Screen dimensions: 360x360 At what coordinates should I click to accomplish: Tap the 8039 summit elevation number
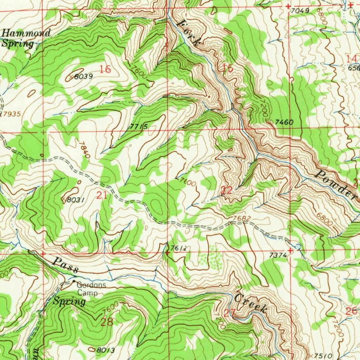click(84, 76)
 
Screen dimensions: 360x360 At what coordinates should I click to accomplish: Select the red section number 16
click(105, 69)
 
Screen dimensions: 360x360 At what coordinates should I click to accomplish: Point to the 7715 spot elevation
click(138, 126)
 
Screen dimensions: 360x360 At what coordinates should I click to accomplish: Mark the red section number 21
click(101, 196)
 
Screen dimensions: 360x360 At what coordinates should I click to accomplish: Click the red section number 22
click(226, 191)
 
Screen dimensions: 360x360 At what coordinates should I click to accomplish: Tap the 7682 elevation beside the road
click(242, 219)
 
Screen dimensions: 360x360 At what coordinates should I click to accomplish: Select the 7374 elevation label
click(278, 256)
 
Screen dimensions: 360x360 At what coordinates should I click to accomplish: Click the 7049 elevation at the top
click(300, 11)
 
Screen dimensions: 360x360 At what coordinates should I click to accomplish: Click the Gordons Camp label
click(91, 289)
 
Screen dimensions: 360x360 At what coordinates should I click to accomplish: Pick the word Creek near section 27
click(250, 303)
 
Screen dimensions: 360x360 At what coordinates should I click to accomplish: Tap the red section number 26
click(351, 311)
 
